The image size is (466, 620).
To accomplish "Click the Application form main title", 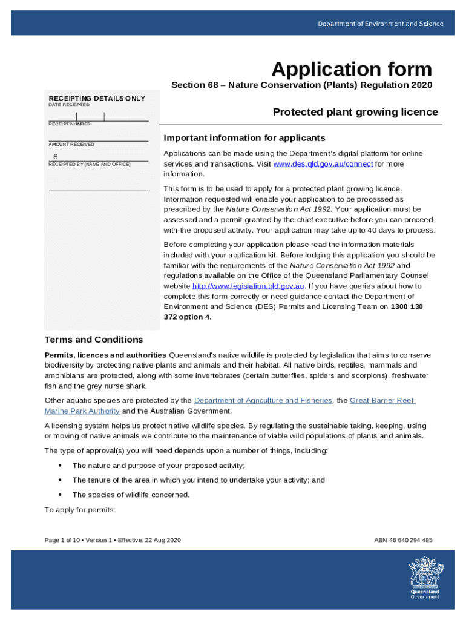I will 352,69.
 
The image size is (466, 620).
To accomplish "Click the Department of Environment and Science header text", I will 381,24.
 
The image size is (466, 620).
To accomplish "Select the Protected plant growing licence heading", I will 355,112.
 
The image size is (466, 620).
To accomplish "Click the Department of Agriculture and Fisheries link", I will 263,400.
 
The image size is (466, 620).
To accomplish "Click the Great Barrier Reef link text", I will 382,400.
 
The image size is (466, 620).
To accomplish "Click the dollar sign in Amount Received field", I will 56,157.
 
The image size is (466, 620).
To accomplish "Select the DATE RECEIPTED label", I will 69,105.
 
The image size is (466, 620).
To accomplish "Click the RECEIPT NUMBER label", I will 70,124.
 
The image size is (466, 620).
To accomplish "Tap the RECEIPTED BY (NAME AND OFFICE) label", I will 89,164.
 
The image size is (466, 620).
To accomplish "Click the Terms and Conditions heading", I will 94,340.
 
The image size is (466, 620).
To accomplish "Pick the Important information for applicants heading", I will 244,138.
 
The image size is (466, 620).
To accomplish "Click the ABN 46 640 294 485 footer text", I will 403,540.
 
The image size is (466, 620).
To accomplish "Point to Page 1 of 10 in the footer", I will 62,540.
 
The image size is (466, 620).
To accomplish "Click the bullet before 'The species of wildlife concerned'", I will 59,495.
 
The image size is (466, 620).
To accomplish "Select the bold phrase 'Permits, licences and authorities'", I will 105,355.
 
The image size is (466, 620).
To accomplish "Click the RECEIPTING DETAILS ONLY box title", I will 97,98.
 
